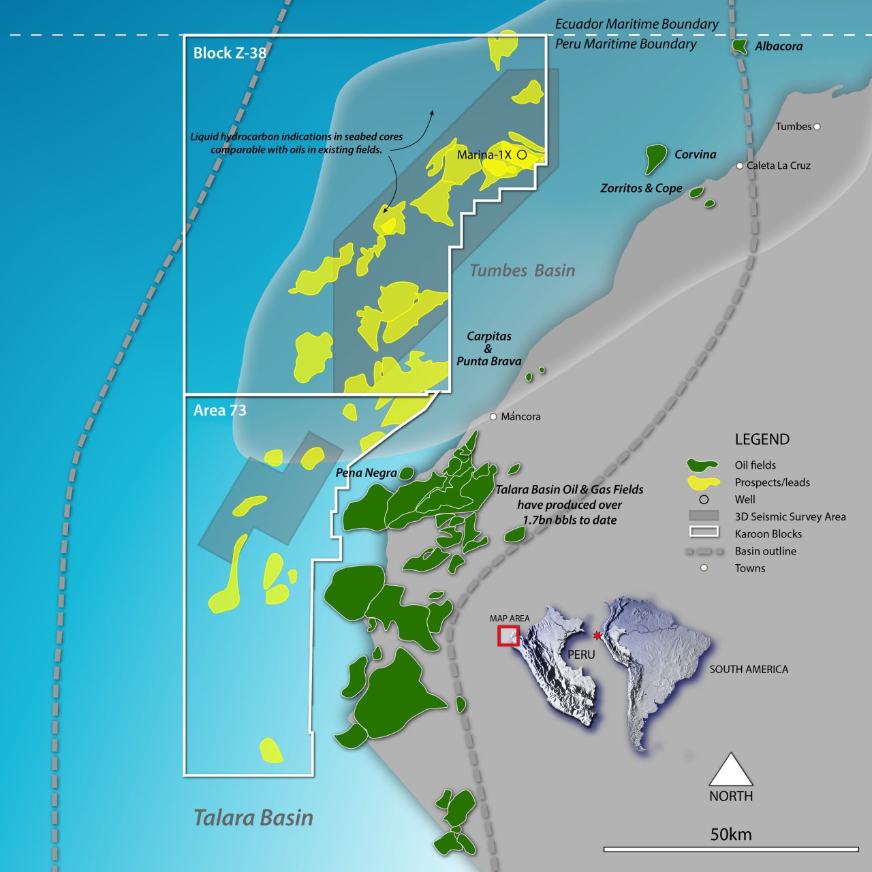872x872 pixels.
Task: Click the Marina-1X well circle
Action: point(522,155)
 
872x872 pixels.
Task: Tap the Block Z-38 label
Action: point(230,53)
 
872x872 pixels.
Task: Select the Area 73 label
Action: point(219,410)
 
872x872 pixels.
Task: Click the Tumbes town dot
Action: point(817,127)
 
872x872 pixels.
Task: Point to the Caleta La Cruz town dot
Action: point(740,166)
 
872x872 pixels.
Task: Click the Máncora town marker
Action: point(493,416)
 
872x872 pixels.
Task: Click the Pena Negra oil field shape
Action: point(406,473)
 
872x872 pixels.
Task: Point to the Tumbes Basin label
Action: point(523,270)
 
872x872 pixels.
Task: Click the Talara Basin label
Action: point(253,817)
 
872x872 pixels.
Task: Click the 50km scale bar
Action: point(731,849)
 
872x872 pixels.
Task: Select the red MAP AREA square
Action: point(508,636)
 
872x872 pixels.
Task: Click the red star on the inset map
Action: point(597,636)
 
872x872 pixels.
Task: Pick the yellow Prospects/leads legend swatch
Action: point(704,482)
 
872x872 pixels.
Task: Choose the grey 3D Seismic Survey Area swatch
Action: point(704,516)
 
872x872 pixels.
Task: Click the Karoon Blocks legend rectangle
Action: point(704,532)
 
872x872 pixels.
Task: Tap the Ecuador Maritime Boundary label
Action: point(636,24)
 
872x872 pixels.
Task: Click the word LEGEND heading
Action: point(762,439)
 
